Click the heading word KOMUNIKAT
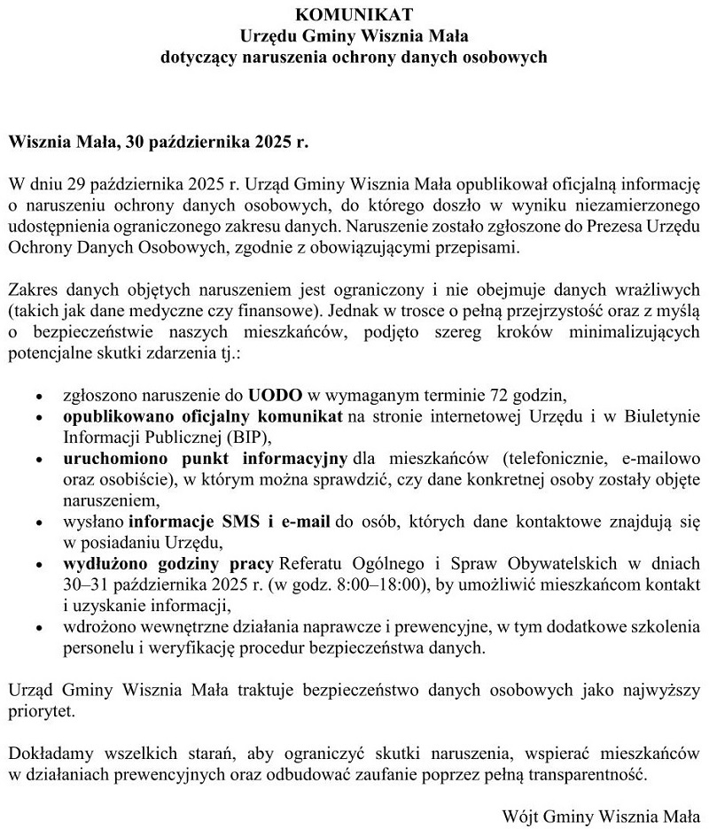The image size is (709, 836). (354, 15)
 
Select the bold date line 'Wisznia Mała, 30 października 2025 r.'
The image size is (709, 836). (159, 141)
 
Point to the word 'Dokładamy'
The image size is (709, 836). (43, 753)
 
